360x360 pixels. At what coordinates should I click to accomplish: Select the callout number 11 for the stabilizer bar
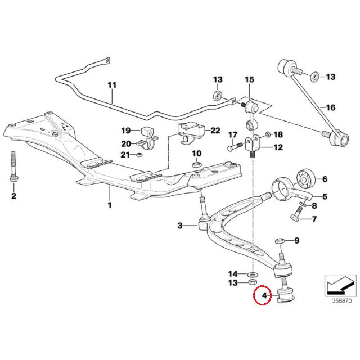tap(111, 85)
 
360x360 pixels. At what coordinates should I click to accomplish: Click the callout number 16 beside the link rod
tap(330, 107)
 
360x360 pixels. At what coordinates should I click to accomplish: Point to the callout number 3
tap(181, 226)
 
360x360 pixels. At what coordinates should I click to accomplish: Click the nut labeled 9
tap(280, 241)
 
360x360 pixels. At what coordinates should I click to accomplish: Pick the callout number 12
tap(278, 148)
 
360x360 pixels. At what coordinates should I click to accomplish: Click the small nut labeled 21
tap(141, 155)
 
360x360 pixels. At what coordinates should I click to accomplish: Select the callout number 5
tap(324, 196)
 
